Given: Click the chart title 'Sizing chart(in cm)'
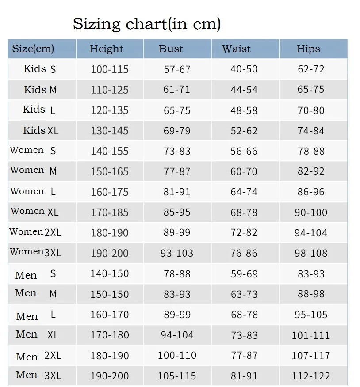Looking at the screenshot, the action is (x=147, y=24).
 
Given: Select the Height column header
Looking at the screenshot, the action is (x=107, y=49).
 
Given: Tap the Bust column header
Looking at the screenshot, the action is (x=171, y=49).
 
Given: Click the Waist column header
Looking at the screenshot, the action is (x=236, y=49).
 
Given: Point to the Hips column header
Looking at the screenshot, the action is (x=308, y=49).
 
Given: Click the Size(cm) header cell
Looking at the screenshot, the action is (x=33, y=49).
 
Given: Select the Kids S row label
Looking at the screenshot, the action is (x=39, y=69).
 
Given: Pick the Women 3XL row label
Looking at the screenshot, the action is (x=35, y=252).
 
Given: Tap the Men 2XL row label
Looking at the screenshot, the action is (x=38, y=357).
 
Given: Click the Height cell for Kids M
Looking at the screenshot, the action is (x=110, y=90).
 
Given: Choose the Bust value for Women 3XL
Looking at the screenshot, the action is (x=177, y=253).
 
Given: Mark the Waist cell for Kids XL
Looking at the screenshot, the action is (x=244, y=131).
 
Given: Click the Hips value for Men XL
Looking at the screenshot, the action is (x=311, y=335).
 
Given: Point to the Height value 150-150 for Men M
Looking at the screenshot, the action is (x=109, y=294).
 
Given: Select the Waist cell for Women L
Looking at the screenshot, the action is (x=244, y=192).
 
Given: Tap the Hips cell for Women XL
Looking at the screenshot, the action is (x=311, y=212).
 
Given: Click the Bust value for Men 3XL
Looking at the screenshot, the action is (x=177, y=376).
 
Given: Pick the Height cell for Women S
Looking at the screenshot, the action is (x=110, y=151).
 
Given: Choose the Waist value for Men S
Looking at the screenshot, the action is (x=245, y=274).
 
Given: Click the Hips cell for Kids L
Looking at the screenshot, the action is (x=311, y=110).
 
